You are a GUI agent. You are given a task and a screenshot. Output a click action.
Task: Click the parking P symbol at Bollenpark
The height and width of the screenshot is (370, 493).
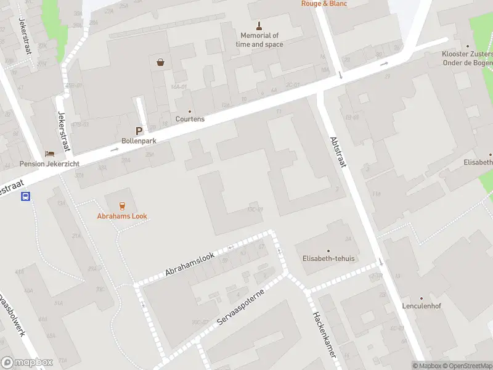pyautogui.click(x=139, y=131)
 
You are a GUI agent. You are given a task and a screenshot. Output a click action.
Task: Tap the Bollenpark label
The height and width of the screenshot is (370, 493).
pyautogui.click(x=139, y=141)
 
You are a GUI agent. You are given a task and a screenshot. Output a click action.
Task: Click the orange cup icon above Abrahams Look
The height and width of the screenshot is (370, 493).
pyautogui.click(x=122, y=206)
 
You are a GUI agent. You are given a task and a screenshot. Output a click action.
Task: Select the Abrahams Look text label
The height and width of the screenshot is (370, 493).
pyautogui.click(x=122, y=216)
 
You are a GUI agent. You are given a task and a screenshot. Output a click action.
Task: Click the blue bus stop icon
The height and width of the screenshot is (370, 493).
pyautogui.click(x=26, y=197)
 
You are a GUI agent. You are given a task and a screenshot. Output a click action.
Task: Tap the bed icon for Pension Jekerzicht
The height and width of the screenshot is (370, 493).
pyautogui.click(x=49, y=154)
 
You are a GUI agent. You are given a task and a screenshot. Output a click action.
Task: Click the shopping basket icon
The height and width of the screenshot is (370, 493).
pyautogui.click(x=161, y=62)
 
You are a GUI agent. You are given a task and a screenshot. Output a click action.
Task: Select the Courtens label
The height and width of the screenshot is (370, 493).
pyautogui.click(x=190, y=119)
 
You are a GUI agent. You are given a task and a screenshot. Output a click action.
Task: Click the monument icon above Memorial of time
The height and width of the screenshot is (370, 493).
pyautogui.click(x=259, y=26)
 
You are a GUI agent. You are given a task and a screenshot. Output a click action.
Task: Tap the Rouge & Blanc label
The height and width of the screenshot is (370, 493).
pyautogui.click(x=324, y=4)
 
